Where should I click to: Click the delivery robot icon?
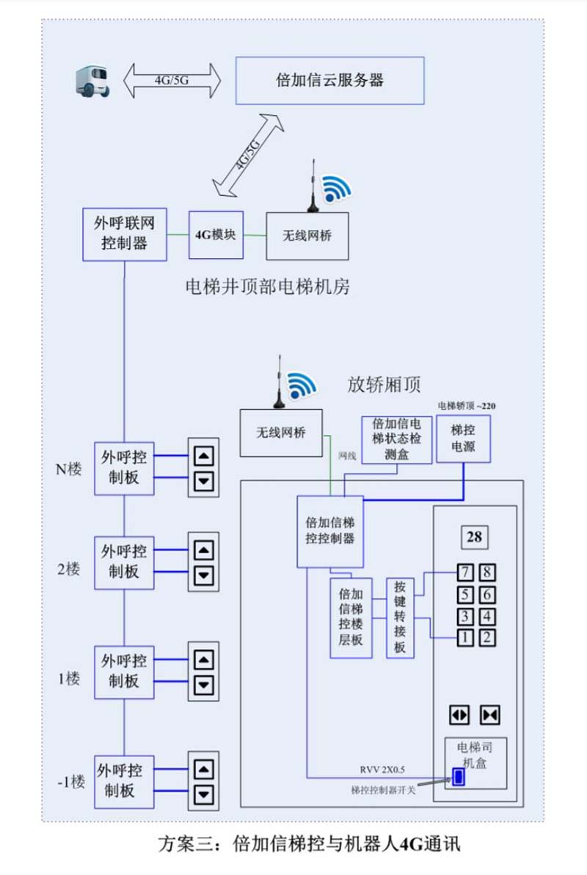[92, 80]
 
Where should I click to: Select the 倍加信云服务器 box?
[329, 80]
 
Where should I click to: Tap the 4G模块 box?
[216, 235]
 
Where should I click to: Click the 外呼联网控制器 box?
[124, 233]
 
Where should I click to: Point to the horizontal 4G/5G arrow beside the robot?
[172, 81]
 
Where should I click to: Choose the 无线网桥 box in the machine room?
[307, 235]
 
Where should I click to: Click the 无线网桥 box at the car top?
[281, 433]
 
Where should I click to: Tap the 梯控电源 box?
[463, 439]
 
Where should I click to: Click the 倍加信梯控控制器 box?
[329, 531]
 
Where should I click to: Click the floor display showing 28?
[474, 538]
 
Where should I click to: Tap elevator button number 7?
[464, 573]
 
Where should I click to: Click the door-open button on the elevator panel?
[459, 714]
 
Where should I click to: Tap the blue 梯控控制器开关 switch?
[459, 777]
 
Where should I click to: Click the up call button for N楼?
[204, 456]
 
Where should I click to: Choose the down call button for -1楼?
[204, 794]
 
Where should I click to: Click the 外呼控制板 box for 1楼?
[124, 672]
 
